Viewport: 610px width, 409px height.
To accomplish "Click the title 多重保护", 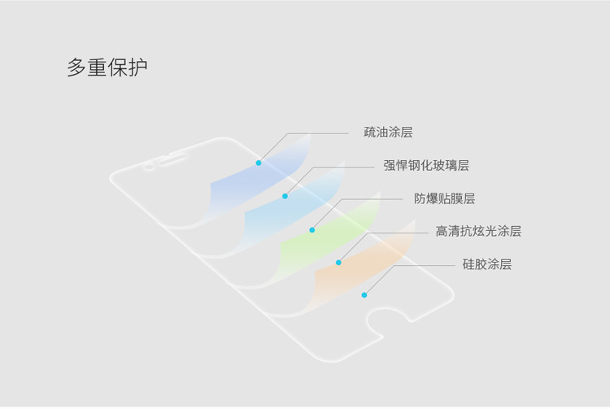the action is [x=107, y=67].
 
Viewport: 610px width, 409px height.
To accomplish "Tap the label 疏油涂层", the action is [x=388, y=132].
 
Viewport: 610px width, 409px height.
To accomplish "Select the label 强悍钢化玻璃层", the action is [x=426, y=165].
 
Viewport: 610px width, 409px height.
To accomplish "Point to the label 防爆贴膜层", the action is [x=444, y=198].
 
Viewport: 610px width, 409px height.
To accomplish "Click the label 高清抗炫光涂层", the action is [x=477, y=231].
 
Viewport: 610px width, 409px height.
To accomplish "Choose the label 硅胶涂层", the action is [x=486, y=263].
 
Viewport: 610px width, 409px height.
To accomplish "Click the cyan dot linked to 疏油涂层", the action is [x=259, y=163].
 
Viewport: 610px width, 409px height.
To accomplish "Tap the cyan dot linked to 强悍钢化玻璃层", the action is [x=285, y=196].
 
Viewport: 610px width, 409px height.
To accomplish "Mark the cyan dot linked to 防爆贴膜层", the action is [x=312, y=230].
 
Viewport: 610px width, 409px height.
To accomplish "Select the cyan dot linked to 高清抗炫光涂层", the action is [x=338, y=263].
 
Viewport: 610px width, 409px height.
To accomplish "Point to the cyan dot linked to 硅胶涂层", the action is [x=364, y=294].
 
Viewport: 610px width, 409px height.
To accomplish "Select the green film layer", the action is [x=325, y=236].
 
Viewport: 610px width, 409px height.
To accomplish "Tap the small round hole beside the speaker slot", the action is [x=148, y=170].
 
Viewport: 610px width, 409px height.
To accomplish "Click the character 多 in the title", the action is [x=76, y=67].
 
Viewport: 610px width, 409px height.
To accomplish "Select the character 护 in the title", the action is [x=137, y=67].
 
